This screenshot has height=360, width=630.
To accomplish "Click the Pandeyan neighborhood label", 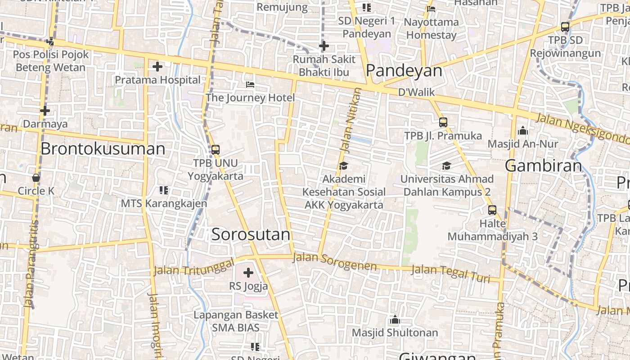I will (x=404, y=71).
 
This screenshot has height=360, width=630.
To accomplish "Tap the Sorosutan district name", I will (x=251, y=234).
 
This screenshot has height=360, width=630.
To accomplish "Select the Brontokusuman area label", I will (x=103, y=149).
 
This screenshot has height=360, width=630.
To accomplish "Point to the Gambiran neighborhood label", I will (x=544, y=166).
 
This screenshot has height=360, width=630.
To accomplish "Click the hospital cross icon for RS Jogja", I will (x=248, y=273).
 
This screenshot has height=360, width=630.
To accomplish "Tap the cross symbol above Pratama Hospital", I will (x=157, y=67).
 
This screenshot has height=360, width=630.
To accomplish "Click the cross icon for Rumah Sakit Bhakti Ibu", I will (x=324, y=46).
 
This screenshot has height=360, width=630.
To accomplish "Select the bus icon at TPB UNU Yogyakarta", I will (x=216, y=150).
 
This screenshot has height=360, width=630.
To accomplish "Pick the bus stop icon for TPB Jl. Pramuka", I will (x=443, y=122).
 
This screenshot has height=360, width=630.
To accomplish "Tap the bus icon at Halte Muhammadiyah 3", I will (x=492, y=210).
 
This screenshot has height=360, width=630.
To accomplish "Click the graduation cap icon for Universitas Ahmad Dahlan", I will (x=446, y=166).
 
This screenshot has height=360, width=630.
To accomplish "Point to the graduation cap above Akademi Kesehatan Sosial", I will (x=343, y=166).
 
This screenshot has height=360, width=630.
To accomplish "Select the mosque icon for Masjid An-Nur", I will (x=523, y=131).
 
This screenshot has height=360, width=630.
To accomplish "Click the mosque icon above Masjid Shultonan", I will (x=395, y=320).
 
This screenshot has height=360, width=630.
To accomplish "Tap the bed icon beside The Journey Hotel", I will (x=250, y=85).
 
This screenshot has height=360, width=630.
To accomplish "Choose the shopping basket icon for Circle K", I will (x=36, y=178).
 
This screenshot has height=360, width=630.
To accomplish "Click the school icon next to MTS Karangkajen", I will (x=164, y=190).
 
